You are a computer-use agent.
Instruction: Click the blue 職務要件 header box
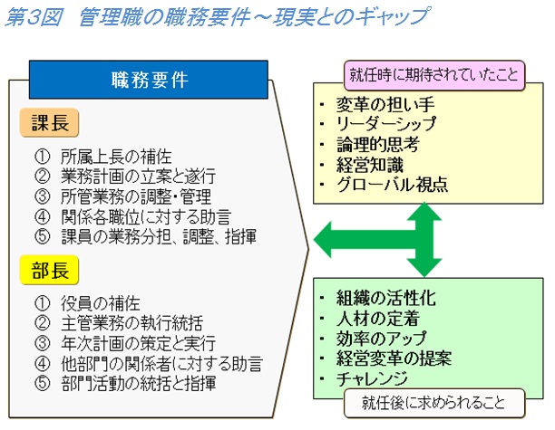coord(150,79)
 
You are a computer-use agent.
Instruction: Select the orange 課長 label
coord(50,123)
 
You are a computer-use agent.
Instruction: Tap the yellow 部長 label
coord(50,271)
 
